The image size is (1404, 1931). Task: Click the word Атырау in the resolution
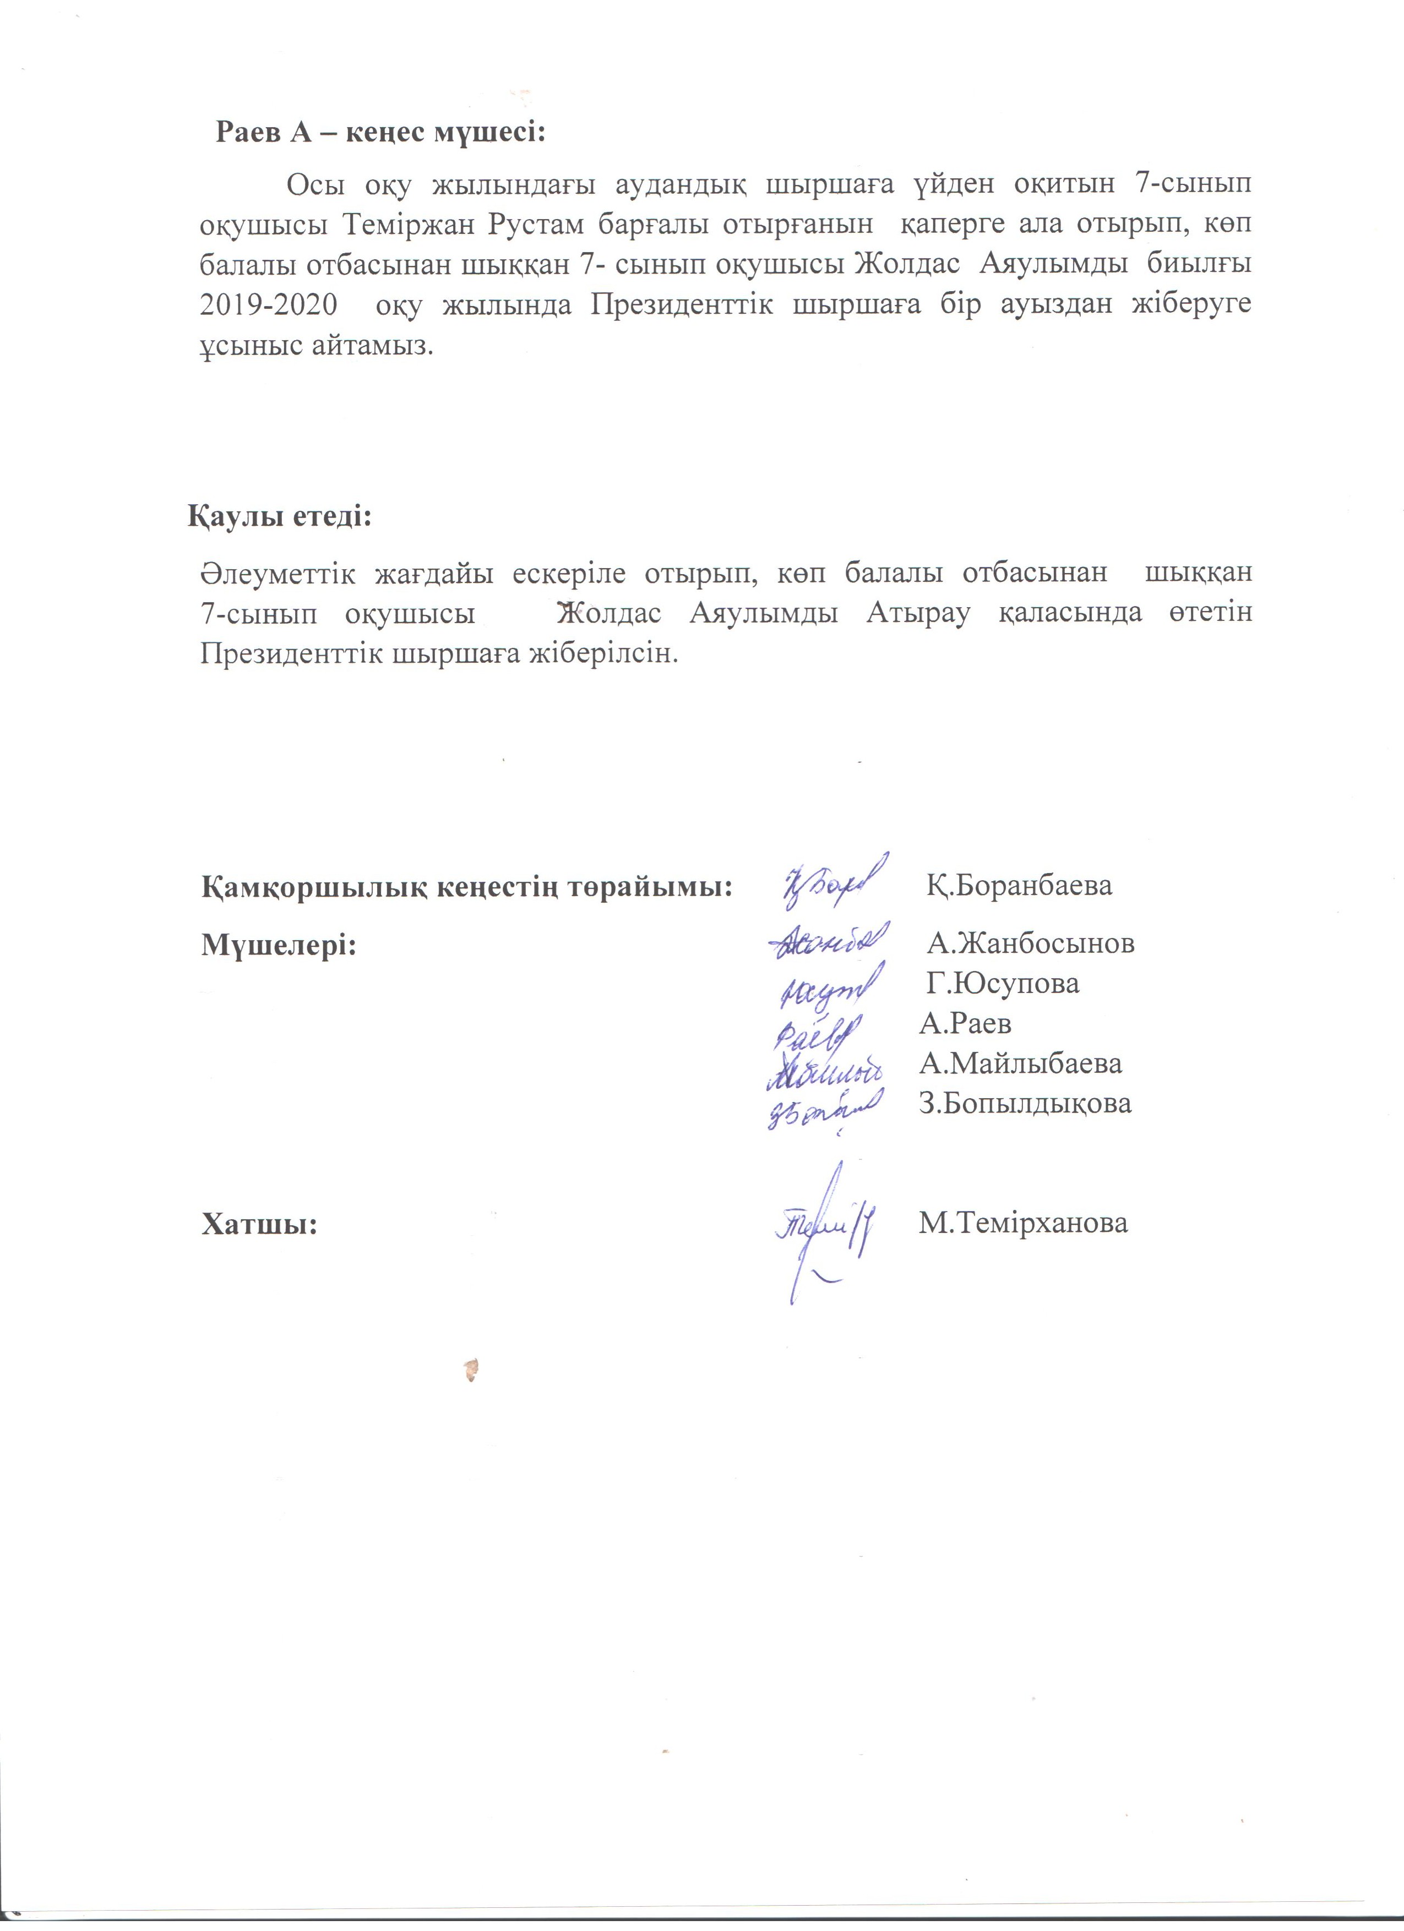(918, 613)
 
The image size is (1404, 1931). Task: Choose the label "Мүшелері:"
(279, 944)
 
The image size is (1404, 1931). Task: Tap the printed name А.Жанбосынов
(1030, 943)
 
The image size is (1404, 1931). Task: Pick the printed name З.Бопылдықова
(1025, 1104)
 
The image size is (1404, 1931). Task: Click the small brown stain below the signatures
(470, 1369)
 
